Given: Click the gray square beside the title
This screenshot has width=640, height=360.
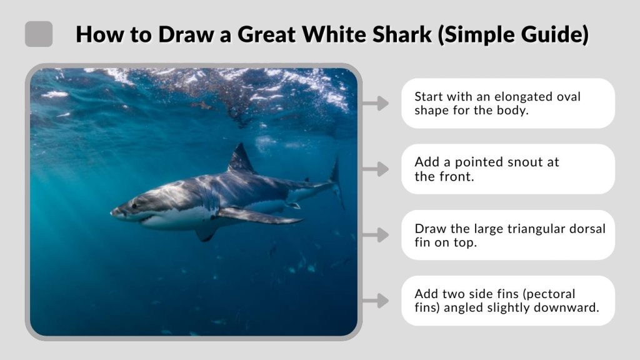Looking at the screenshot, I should pos(39,34).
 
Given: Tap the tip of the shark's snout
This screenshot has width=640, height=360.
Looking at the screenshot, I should pos(113,212).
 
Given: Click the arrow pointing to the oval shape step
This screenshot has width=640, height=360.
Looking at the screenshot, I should pos(376,104).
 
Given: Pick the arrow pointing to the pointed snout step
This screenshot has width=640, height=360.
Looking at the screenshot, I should pos(376,169).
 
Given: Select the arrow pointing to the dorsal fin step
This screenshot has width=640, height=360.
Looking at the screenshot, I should pos(376,235).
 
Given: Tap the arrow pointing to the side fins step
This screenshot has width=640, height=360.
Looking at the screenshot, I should pos(376,301).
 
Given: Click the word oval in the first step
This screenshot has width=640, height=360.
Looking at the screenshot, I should pos(569,97).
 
